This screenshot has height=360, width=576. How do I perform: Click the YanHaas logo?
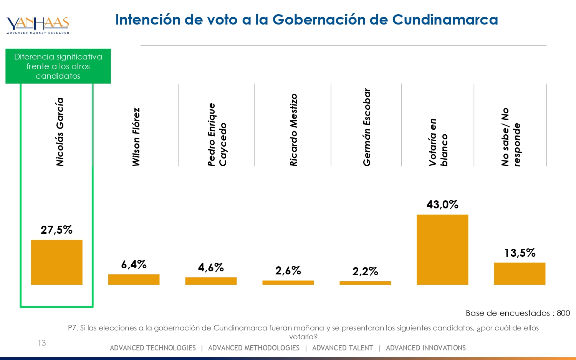[38, 25]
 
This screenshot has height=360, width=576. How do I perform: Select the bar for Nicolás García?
[56, 262]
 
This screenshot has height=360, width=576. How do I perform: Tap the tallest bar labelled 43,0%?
[442, 249]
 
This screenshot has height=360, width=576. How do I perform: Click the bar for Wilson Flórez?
[134, 279]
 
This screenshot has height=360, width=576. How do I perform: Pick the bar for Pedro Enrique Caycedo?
[211, 281]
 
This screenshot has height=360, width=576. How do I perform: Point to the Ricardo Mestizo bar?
[288, 282]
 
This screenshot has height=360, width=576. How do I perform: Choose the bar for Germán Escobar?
[365, 283]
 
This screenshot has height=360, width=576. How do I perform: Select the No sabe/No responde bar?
[520, 273]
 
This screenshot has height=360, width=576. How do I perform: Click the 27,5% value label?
[56, 230]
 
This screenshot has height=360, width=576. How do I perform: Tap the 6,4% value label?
[134, 264]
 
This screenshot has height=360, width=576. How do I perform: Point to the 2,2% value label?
[365, 271]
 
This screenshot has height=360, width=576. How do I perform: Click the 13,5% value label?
[520, 253]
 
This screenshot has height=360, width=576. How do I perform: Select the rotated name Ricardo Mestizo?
[293, 130]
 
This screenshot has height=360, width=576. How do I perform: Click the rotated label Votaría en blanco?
[438, 142]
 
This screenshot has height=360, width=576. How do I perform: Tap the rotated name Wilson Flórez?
[136, 137]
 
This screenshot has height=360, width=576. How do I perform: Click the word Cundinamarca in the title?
[445, 20]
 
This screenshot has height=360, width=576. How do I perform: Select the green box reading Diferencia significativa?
[58, 66]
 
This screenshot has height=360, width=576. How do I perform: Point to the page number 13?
[41, 343]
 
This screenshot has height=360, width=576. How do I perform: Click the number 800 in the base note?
[563, 313]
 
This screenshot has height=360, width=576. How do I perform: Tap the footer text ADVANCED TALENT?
[343, 348]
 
